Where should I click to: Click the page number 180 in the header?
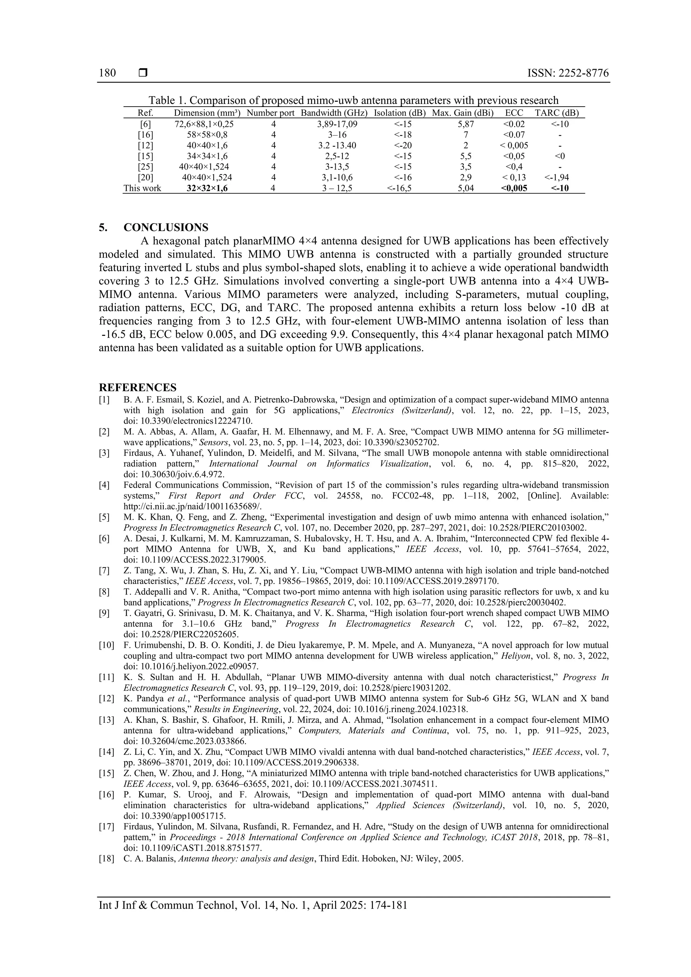click(x=107, y=73)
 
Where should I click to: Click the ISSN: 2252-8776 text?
click(x=568, y=73)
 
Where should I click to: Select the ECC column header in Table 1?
click(x=514, y=113)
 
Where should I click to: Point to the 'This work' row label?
click(x=142, y=189)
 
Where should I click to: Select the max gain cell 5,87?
click(x=466, y=124)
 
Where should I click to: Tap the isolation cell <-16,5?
click(x=399, y=189)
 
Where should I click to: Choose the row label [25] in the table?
click(x=146, y=167)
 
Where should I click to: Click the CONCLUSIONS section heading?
click(x=166, y=227)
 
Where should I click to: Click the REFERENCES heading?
click(x=138, y=387)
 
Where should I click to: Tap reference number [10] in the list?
click(x=106, y=645)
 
